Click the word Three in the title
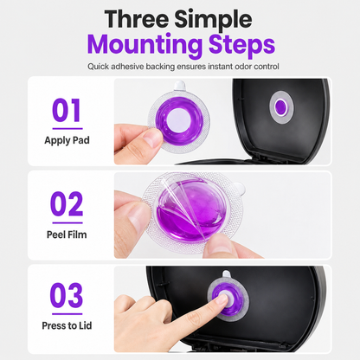click(x=137, y=19)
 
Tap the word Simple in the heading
click(x=213, y=20)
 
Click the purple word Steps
click(x=241, y=45)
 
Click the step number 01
click(x=67, y=111)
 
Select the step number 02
click(x=67, y=204)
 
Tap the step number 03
click(x=67, y=295)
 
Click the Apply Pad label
click(x=67, y=140)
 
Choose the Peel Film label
click(x=67, y=235)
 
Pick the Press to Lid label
click(x=67, y=325)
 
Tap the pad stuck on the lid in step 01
click(x=281, y=107)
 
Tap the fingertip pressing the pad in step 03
click(x=222, y=299)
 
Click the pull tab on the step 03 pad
click(x=227, y=275)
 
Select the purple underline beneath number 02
click(x=67, y=222)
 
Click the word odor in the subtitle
click(x=243, y=67)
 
